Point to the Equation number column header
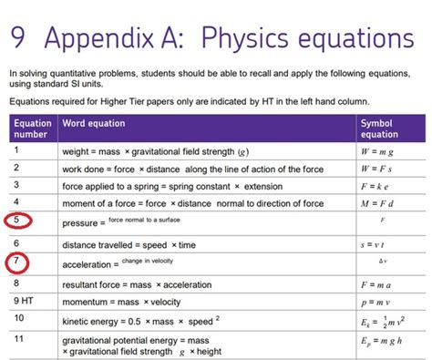coord(33,129)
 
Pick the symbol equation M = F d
coord(380,203)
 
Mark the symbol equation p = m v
coord(380,301)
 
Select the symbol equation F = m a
coord(381,283)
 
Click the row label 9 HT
coord(25,300)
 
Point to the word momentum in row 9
coord(87,301)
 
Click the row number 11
coord(19,341)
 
